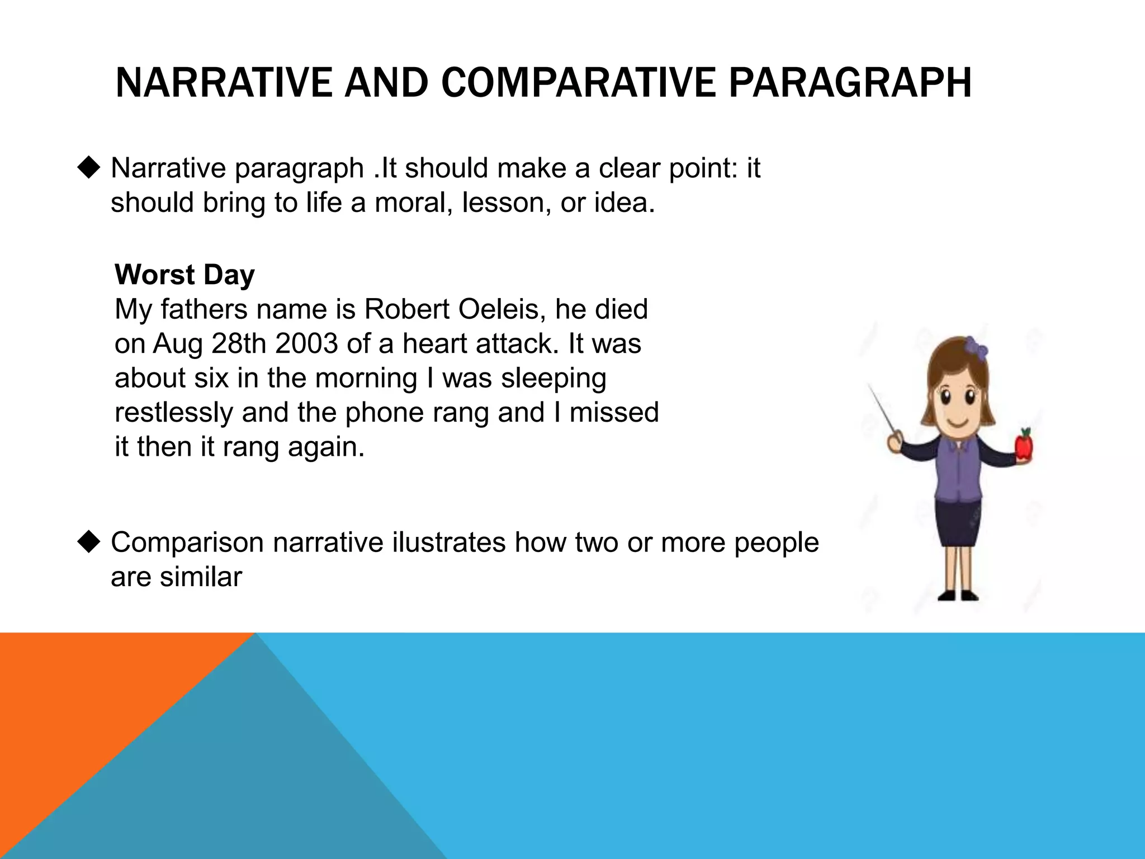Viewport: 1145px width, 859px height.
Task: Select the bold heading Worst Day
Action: tap(184, 275)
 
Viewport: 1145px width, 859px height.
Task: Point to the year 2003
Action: tap(306, 343)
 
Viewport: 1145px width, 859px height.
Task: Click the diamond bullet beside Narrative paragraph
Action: tap(89, 167)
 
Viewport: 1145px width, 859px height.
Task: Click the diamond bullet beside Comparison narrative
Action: tap(89, 541)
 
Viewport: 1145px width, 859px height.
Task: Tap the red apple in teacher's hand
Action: tap(1024, 446)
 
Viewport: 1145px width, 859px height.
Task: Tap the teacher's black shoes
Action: tap(958, 596)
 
